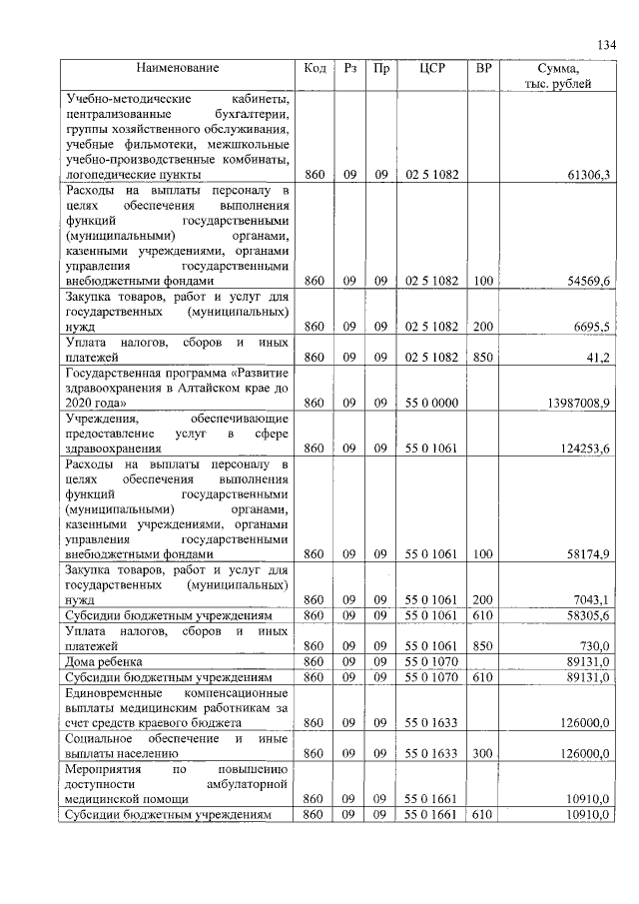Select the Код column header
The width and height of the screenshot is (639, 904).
[x=315, y=69]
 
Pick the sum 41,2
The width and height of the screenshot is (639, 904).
[x=597, y=358]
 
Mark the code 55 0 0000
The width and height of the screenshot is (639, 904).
[x=431, y=404]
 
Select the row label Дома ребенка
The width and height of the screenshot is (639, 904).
[x=104, y=662]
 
